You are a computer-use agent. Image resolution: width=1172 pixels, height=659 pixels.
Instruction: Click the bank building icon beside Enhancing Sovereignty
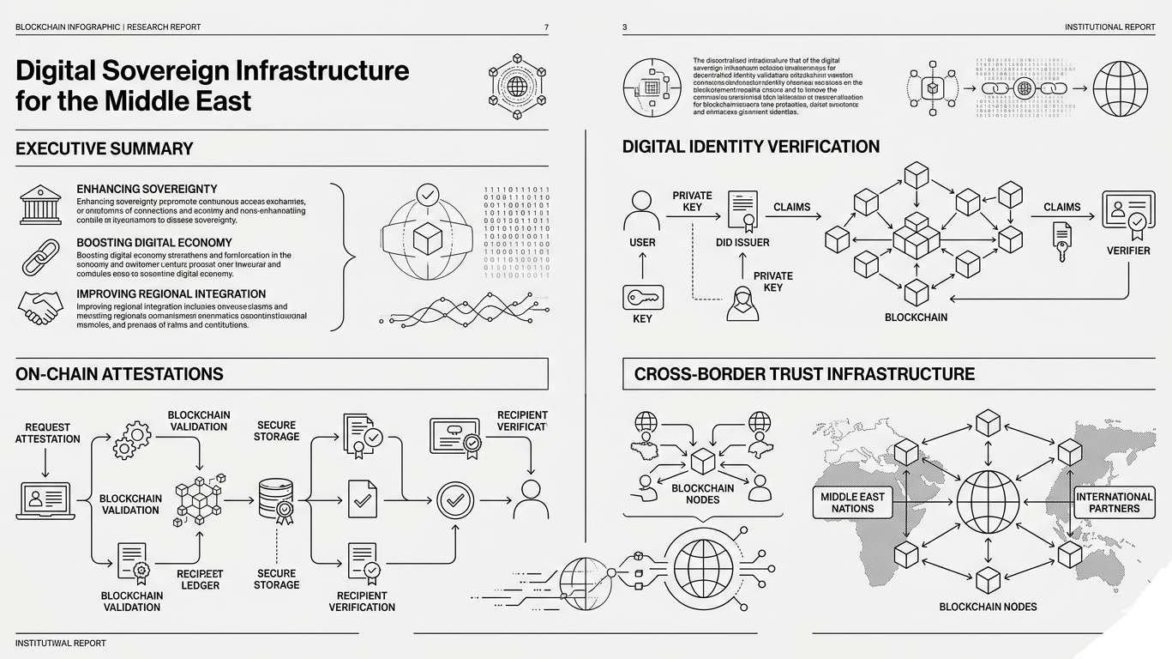[x=40, y=206]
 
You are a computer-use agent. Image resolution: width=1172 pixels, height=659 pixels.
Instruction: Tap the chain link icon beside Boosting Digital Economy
[x=40, y=258]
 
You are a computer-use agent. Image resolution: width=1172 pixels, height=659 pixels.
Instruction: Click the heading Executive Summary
[x=105, y=148]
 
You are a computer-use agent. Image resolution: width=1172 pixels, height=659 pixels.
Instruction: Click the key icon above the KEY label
[x=642, y=297]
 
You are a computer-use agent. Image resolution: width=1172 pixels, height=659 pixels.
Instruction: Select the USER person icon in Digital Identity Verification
[x=642, y=209]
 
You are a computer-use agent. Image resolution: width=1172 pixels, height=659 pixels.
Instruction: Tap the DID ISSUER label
[x=742, y=243]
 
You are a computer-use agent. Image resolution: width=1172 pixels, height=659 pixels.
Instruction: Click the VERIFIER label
[x=1127, y=251]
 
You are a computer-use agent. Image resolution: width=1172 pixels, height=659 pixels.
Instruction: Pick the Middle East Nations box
[x=852, y=502]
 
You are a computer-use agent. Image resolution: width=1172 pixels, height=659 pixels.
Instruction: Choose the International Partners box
[x=1115, y=502]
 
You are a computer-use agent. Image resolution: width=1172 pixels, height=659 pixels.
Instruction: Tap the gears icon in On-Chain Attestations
[x=131, y=438]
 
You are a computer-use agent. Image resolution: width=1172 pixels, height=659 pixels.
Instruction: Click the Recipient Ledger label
[x=200, y=579]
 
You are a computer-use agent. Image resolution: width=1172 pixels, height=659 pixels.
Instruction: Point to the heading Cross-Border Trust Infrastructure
[x=804, y=374]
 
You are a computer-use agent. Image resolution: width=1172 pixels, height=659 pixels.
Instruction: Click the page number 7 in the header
[x=546, y=27]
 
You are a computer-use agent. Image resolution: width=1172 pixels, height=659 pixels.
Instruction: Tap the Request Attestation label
[x=48, y=433]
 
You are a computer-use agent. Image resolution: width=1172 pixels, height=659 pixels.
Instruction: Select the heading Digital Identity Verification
[x=750, y=147]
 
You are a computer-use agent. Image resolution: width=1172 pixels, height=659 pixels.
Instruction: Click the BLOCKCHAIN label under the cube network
[x=916, y=317]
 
